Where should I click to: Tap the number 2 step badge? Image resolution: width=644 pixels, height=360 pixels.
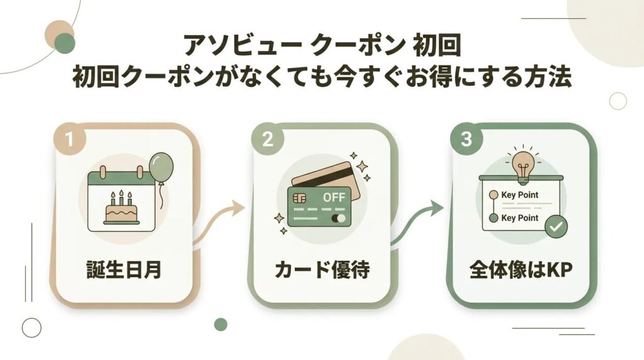[x=267, y=140]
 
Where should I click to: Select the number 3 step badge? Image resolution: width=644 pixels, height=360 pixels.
[x=466, y=140]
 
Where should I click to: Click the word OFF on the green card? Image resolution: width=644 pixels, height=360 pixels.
[x=334, y=198]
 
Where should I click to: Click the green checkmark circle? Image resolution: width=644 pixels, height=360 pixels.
[x=555, y=226]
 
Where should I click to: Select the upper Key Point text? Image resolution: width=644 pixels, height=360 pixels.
[x=520, y=195]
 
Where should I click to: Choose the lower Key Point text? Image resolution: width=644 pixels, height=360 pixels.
[x=520, y=218]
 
